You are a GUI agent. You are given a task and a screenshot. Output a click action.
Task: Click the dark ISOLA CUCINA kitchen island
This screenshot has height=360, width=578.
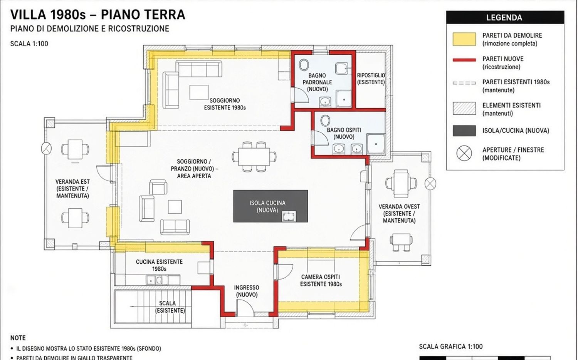click(271, 206)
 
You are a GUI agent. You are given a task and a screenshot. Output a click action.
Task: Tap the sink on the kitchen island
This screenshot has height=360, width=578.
click(289, 216)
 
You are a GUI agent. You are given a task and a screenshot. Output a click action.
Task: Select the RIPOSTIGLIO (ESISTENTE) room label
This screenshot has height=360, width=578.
click(371, 79)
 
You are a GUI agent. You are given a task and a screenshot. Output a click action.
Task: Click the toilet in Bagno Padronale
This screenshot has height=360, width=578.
click(304, 65)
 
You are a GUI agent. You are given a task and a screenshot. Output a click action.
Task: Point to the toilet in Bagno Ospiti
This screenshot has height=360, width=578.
click(325, 121)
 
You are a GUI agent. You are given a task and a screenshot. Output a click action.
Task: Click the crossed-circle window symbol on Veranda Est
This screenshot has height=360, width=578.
click(47, 149)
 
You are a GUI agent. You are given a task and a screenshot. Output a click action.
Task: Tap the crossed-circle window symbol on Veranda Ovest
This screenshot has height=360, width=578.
click(430, 184)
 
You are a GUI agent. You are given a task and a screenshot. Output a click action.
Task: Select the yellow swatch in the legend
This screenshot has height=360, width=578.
click(464, 39)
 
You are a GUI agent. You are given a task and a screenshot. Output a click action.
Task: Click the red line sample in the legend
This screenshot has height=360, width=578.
click(464, 60)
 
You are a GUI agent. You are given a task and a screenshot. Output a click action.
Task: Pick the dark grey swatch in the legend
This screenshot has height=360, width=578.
click(464, 131)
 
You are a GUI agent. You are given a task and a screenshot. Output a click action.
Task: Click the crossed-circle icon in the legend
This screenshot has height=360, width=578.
click(464, 153)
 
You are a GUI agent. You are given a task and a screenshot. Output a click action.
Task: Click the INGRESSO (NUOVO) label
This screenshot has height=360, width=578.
click(247, 291)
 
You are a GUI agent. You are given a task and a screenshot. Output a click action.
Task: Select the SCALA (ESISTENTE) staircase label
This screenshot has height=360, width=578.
click(170, 306)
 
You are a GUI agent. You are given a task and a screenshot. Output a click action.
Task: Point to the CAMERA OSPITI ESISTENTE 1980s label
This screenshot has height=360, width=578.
click(321, 280)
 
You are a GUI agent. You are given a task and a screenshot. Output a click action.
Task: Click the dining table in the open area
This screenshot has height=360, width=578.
click(254, 156)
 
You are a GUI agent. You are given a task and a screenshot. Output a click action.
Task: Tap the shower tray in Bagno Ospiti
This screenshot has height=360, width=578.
click(376, 144)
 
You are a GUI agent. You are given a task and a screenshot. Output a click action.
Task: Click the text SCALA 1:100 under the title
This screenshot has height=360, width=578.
click(29, 44)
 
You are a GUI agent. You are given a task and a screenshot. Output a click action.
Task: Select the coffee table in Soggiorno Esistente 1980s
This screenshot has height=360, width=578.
click(199, 92)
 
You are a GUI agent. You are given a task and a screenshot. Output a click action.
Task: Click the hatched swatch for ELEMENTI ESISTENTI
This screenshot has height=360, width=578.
click(464, 108)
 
